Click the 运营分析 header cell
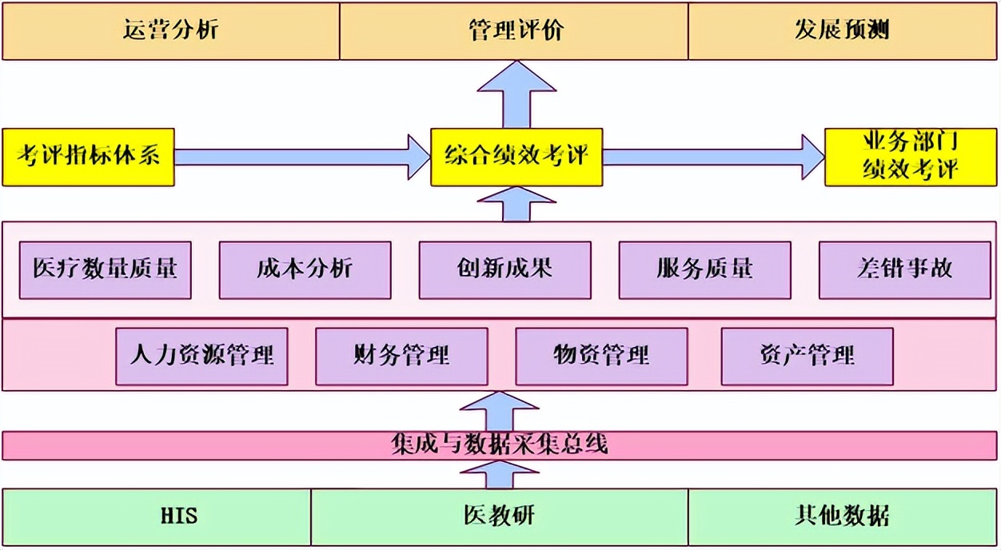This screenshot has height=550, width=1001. coord(170,30)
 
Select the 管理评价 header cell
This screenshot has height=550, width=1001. coord(513,30)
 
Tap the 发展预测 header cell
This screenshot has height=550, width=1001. coord(842,30)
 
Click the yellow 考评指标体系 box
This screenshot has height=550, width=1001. coord(88,157)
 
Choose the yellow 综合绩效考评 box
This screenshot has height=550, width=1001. coord(516,157)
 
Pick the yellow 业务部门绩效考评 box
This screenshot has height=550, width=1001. coord(910,157)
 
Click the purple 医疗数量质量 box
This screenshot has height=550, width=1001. coord(105,270)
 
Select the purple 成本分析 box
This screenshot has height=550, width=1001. coord(305,270)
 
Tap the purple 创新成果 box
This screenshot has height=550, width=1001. coord(504,270)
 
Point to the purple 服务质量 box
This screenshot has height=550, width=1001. coord(704,270)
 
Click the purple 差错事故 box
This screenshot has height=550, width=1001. coord(904,270)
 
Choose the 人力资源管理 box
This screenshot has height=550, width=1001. coord(201,356)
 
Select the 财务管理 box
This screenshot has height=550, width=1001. coord(401,356)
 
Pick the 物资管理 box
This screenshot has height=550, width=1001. coord(601,356)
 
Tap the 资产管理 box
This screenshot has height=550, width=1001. coord(807,356)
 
